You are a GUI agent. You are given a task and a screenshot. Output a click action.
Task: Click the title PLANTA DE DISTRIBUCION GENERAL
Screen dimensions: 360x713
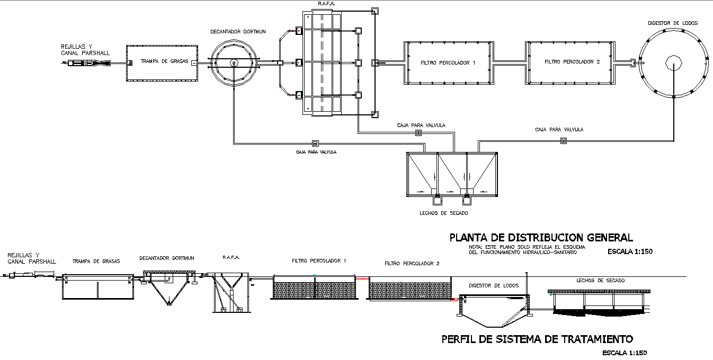(x=541, y=238)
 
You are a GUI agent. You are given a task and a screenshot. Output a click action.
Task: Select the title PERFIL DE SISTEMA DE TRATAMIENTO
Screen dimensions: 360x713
(x=537, y=339)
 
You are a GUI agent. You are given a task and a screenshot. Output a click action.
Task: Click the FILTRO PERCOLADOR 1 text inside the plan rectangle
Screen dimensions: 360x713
(x=448, y=62)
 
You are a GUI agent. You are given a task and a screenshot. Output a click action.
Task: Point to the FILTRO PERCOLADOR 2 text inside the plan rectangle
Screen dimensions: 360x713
(x=572, y=62)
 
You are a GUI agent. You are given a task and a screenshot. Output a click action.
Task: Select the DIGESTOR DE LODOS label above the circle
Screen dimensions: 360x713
(x=673, y=23)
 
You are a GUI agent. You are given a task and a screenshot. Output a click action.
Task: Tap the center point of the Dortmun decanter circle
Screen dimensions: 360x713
(x=234, y=62)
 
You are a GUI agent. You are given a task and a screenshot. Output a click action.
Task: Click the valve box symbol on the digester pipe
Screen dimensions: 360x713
(x=563, y=141)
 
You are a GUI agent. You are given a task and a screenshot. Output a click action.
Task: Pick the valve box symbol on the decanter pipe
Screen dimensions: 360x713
(x=315, y=143)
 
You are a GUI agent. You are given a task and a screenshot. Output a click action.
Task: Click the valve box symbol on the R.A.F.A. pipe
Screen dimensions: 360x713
(x=418, y=132)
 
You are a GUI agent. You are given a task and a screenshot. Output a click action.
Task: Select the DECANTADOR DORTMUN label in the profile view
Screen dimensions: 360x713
(x=166, y=258)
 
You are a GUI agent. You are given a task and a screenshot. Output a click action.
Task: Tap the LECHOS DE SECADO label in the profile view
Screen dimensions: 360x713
(x=600, y=280)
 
